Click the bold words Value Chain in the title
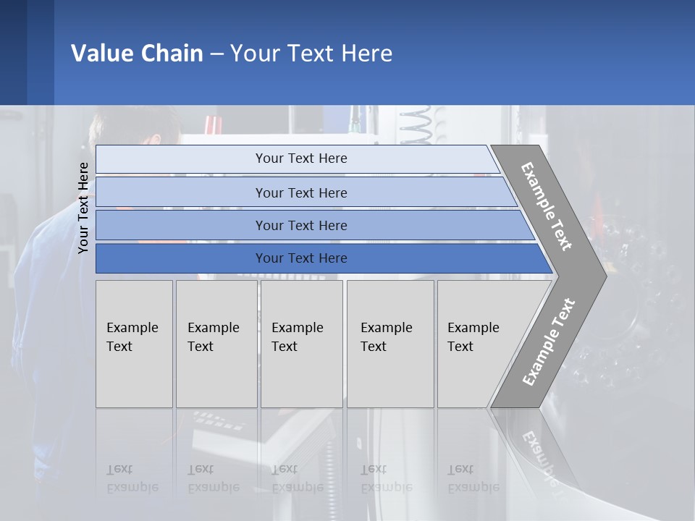pyautogui.click(x=137, y=54)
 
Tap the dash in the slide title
pyautogui.click(x=216, y=54)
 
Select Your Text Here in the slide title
pyautogui.click(x=311, y=54)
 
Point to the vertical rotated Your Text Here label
pyautogui.click(x=83, y=208)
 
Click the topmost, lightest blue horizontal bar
pyautogui.click(x=300, y=158)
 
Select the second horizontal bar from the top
pyautogui.click(x=300, y=192)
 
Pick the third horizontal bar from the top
pyautogui.click(x=300, y=225)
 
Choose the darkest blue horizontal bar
pyautogui.click(x=300, y=258)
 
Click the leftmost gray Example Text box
pyautogui.click(x=134, y=344)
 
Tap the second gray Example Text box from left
pyautogui.click(x=216, y=344)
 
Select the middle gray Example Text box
pyautogui.click(x=301, y=344)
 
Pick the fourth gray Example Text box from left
pyautogui.click(x=389, y=344)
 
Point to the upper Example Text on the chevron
pyautogui.click(x=547, y=206)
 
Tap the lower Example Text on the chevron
pyautogui.click(x=549, y=342)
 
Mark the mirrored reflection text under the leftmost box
pyautogui.click(x=132, y=478)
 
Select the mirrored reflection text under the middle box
pyautogui.click(x=297, y=478)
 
